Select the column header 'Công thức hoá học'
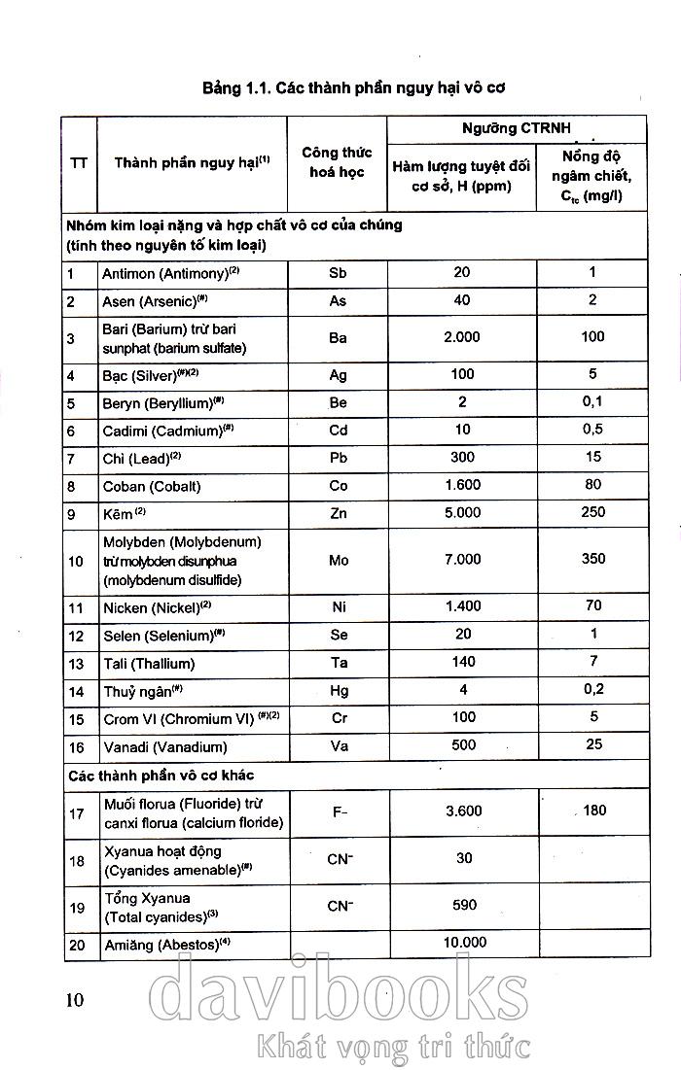[337, 162]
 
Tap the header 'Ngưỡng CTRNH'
[517, 128]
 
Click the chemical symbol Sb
[338, 273]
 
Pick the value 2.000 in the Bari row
[462, 336]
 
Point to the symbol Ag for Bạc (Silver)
[338, 375]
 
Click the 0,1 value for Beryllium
[592, 401]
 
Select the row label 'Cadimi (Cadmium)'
[168, 431]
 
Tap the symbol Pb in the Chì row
[338, 458]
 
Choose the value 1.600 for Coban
[462, 484]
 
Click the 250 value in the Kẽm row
[592, 511]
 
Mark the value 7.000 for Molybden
[462, 559]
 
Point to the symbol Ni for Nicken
[338, 606]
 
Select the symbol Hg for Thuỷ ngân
[338, 691]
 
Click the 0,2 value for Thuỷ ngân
[592, 689]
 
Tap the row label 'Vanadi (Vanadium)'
[164, 746]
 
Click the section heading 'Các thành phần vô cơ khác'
[161, 776]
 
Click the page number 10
[75, 998]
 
